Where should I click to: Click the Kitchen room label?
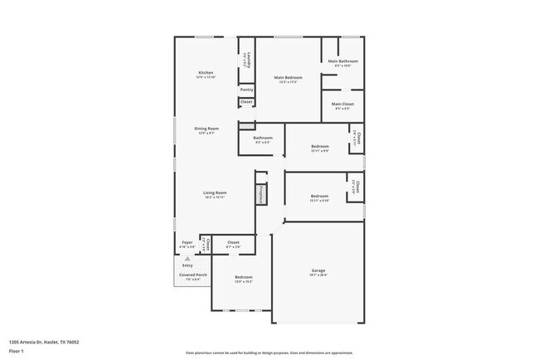[x=206, y=72]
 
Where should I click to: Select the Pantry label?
[x=246, y=89]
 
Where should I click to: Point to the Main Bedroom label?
[x=286, y=78]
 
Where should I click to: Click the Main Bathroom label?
[x=342, y=61]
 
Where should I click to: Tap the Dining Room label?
[x=206, y=129]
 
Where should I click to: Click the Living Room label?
[x=215, y=192]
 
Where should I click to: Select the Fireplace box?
[x=260, y=194]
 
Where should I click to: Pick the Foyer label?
[x=187, y=243]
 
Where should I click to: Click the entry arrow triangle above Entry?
[x=187, y=259]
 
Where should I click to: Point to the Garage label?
[x=318, y=270]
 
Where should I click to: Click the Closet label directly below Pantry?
[x=246, y=102]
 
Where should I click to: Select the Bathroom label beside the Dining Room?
[x=263, y=138]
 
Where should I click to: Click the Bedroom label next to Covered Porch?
[x=243, y=277]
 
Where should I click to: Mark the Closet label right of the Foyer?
[x=233, y=242]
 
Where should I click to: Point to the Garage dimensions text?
[x=318, y=275]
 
